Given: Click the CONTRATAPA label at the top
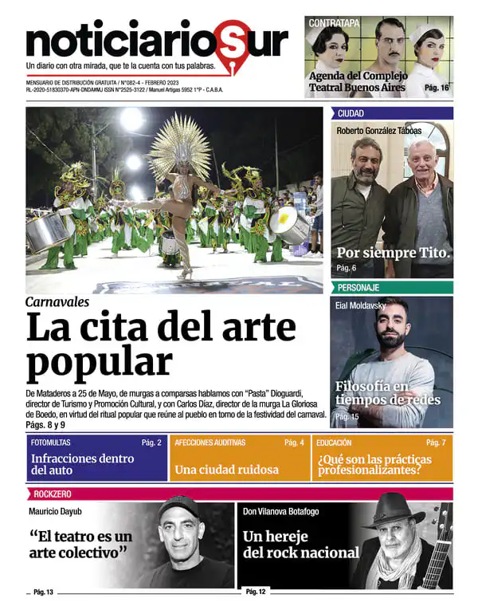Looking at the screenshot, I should (x=334, y=23).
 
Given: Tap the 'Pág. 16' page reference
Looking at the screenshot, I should (x=437, y=89).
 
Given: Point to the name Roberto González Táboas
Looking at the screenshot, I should (x=379, y=131).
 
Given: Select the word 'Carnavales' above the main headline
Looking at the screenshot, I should (x=57, y=301).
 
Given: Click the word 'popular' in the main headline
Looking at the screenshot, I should (x=100, y=361).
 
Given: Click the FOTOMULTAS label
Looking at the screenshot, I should (x=50, y=442).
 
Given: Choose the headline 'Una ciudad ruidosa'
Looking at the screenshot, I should (x=226, y=470).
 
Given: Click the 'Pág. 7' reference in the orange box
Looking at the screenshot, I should (x=436, y=442).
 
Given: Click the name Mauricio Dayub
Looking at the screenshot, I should (x=57, y=511).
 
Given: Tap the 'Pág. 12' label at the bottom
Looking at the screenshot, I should (x=256, y=592).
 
